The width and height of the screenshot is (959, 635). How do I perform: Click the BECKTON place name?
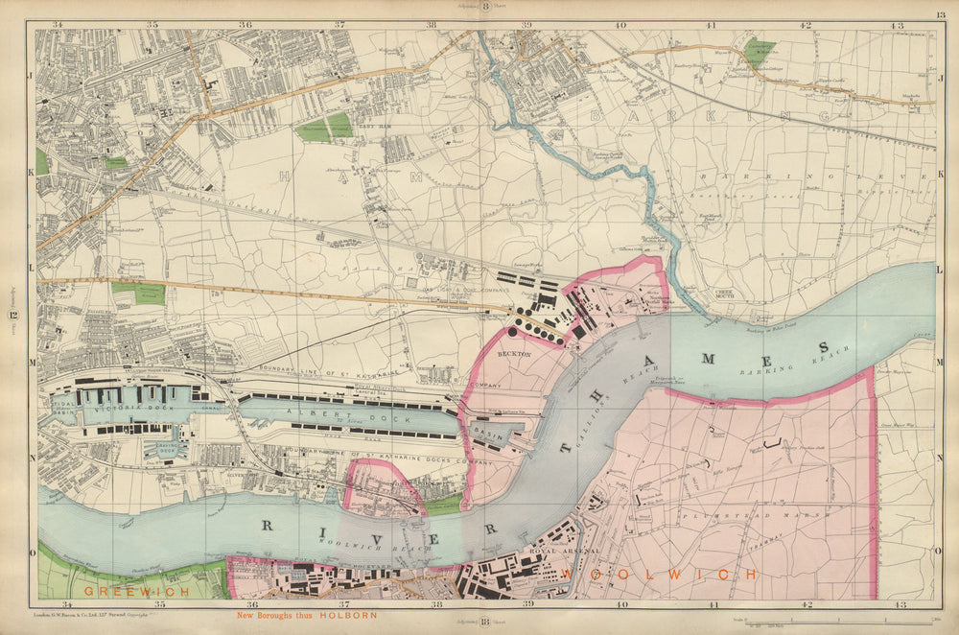pyautogui.click(x=514, y=354)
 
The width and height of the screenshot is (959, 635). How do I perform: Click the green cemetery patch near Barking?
pyautogui.click(x=759, y=51)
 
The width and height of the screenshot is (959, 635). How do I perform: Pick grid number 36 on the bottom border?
pyautogui.click(x=251, y=604)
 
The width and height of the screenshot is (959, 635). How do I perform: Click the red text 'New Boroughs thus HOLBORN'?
pyautogui.click(x=307, y=615)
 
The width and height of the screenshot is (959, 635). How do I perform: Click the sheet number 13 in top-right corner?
pyautogui.click(x=941, y=15)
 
